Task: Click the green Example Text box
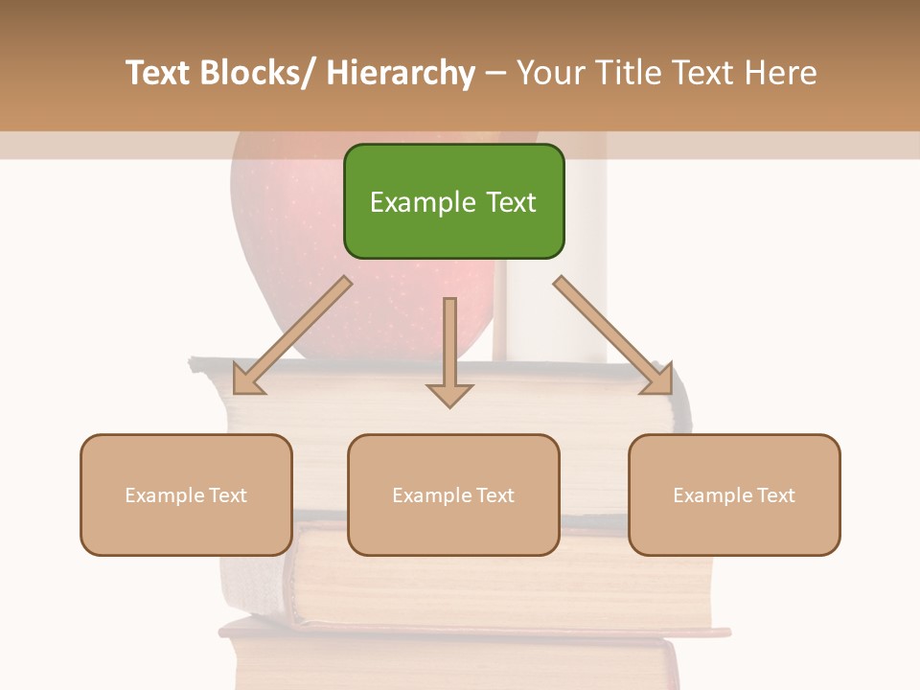(453, 201)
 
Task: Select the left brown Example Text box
(186, 494)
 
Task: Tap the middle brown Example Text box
(453, 494)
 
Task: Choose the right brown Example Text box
(734, 494)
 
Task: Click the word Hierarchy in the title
(400, 73)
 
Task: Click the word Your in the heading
(550, 73)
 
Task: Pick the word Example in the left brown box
(166, 495)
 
